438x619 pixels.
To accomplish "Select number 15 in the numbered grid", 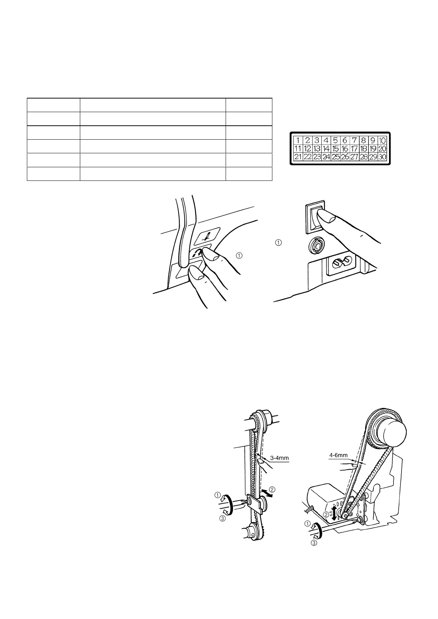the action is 335,149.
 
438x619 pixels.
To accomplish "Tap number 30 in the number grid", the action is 382,157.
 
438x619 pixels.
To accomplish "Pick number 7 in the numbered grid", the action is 354,140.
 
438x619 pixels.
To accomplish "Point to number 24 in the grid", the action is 326,157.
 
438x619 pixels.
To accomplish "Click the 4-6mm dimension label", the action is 339,455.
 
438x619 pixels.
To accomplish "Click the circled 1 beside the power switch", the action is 278,243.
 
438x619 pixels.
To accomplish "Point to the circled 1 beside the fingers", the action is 239,255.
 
